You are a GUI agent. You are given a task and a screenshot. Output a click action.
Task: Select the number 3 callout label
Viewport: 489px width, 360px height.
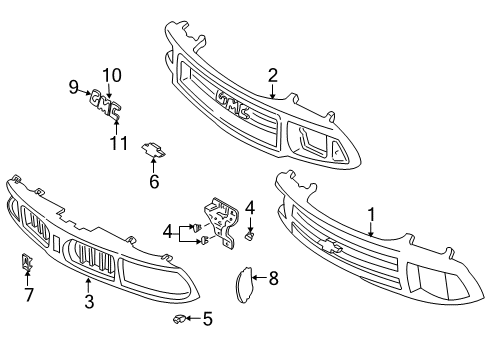[88, 301]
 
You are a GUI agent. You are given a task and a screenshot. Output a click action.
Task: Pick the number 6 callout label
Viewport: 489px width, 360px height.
[154, 181]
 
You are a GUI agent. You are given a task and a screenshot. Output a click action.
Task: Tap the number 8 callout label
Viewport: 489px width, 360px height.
[273, 280]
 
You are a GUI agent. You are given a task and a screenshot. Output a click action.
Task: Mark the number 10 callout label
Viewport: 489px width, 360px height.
[110, 73]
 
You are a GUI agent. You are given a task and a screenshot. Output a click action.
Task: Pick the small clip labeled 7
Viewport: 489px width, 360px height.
[27, 264]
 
